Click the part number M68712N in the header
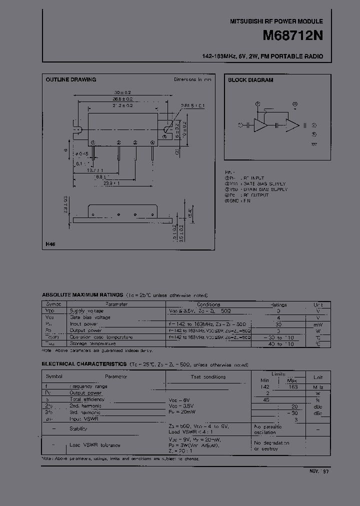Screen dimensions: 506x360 (292, 36)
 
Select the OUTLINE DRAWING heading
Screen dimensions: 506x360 (70, 79)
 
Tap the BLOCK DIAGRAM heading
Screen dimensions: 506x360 (250, 80)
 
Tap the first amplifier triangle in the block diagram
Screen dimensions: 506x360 (260, 125)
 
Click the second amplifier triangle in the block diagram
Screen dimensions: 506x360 (291, 125)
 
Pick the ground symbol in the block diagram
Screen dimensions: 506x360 (314, 143)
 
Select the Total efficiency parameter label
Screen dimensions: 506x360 (87, 399)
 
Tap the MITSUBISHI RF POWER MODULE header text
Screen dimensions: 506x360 (276, 21)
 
